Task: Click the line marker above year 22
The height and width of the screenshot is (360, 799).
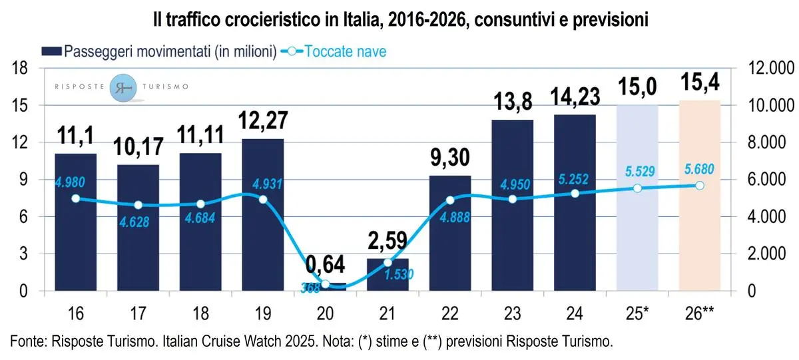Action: [x=450, y=200]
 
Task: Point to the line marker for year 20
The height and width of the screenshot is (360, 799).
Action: [x=325, y=284]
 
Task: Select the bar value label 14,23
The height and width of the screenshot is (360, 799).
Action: [x=575, y=96]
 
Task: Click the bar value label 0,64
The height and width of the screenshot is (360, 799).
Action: [x=325, y=265]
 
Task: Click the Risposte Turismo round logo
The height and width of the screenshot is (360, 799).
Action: [x=127, y=88]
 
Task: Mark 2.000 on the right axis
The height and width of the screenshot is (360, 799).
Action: [x=766, y=254]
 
